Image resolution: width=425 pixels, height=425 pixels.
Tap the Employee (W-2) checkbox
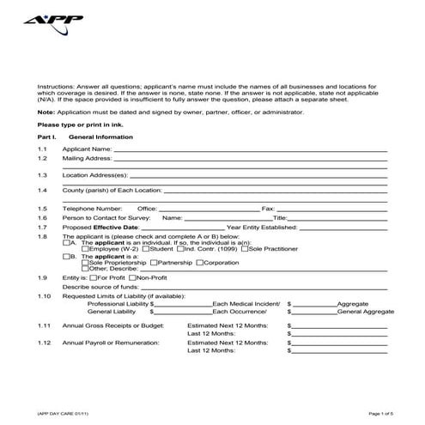[x=83, y=249]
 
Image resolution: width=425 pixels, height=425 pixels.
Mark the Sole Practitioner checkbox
[x=245, y=249]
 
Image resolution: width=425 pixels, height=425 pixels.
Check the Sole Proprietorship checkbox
[x=83, y=262]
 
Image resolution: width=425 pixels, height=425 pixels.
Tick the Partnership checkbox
[x=155, y=262]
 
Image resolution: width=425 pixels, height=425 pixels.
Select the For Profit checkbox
[x=93, y=278]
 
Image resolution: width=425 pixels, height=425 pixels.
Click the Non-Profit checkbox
[x=132, y=278]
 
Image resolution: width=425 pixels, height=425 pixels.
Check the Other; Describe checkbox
[x=83, y=268]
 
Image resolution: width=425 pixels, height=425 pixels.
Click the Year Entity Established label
[x=262, y=226]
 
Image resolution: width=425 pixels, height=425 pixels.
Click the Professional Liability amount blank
[x=183, y=304]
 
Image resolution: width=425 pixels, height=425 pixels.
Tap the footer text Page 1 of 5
[x=379, y=414]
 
